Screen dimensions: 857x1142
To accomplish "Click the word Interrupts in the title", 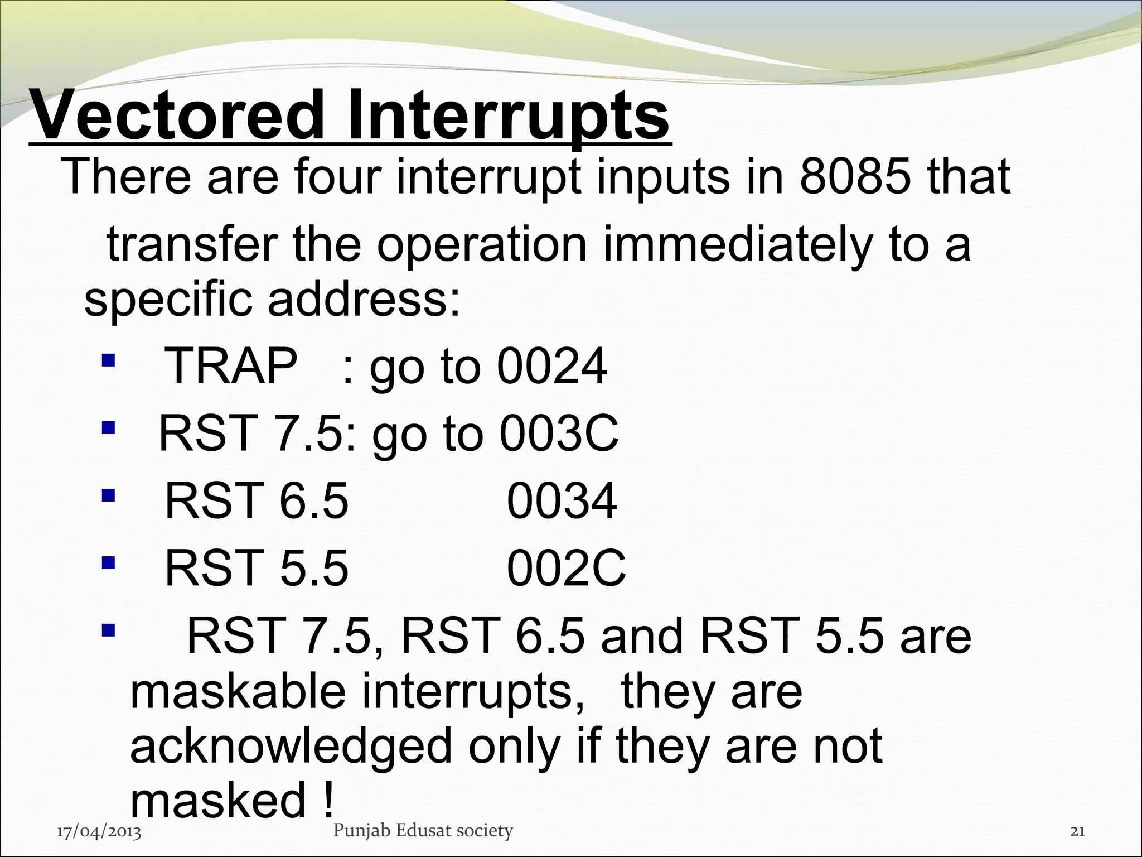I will tap(508, 115).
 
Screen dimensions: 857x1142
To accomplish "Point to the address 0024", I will tap(551, 367).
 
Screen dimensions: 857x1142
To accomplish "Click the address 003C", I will tap(559, 434).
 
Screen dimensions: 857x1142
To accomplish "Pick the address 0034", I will tap(562, 500).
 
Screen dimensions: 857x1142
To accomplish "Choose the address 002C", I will tap(566, 568).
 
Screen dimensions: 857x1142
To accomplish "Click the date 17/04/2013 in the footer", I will tap(99, 832).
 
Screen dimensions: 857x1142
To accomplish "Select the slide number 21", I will tap(1077, 831).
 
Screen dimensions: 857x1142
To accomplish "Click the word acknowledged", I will tap(290, 747).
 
